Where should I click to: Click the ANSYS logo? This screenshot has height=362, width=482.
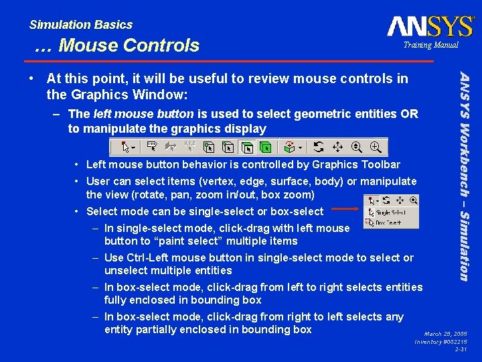pos(430,26)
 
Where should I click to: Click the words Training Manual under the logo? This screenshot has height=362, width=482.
pos(430,45)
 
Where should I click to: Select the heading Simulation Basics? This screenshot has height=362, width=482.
pos(81,25)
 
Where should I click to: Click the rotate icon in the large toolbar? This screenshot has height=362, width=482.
pos(319,147)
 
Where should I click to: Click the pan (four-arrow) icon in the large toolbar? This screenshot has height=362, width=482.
pos(337,147)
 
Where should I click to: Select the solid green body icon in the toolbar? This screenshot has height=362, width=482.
pos(266,147)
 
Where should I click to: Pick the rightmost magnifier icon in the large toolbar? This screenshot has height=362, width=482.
pos(377,147)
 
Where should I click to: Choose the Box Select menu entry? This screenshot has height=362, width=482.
pos(390,222)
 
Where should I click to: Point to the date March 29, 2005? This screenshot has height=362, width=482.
pos(446,333)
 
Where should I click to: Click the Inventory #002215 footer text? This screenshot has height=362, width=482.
pos(441,341)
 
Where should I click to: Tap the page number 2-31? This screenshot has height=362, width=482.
pos(461,349)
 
